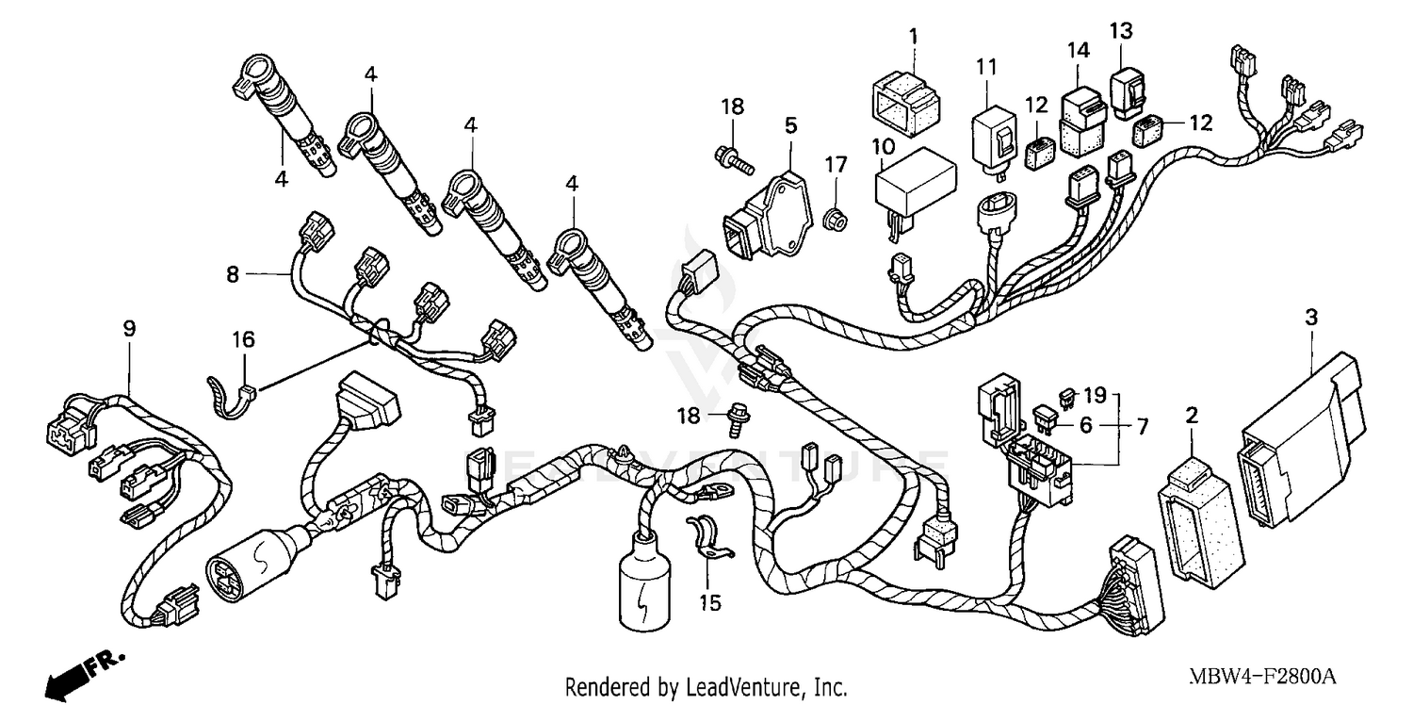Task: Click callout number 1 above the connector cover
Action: [x=912, y=37]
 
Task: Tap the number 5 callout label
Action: [x=790, y=124]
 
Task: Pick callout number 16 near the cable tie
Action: [x=244, y=339]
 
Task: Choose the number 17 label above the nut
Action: [x=831, y=165]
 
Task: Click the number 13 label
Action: [x=1120, y=30]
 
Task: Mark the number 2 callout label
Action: [x=1192, y=415]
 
